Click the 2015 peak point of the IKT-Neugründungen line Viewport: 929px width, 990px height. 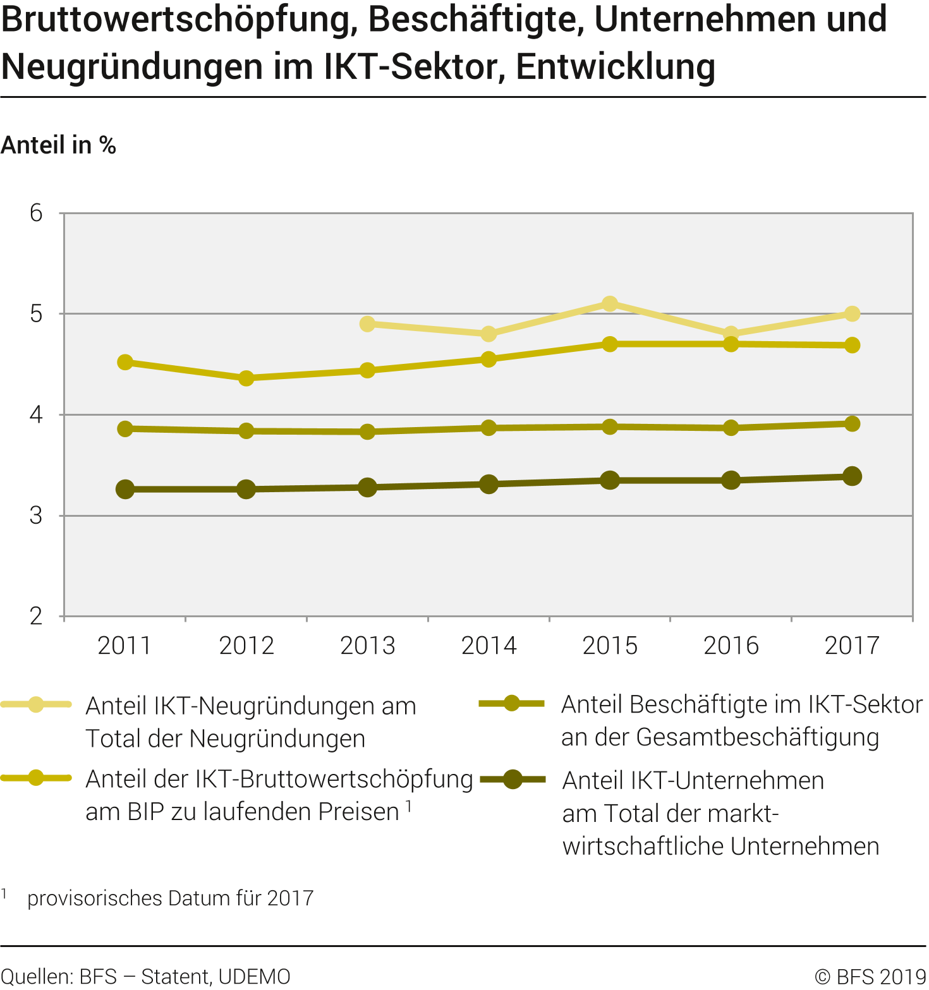609,304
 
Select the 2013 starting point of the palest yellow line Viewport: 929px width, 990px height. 367,324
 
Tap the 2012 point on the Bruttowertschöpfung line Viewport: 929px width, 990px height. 246,378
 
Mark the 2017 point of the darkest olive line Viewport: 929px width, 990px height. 852,476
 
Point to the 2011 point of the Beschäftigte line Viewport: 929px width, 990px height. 125,429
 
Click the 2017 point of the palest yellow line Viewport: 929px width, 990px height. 852,314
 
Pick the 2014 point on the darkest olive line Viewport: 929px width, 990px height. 489,485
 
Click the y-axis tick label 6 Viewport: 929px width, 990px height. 36,214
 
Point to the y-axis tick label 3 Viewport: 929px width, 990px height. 36,516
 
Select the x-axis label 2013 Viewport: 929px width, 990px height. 367,646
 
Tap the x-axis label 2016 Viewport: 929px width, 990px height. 731,646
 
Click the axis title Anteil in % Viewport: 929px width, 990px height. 58,145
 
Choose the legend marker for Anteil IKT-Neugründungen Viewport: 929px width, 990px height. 36,705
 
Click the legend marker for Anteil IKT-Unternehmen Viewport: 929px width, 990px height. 513,780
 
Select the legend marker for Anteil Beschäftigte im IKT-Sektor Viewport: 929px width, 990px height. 511,704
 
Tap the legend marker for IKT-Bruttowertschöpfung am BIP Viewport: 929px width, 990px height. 36,778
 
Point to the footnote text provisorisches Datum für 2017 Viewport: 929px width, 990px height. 170,898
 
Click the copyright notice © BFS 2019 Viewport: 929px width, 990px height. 870,977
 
